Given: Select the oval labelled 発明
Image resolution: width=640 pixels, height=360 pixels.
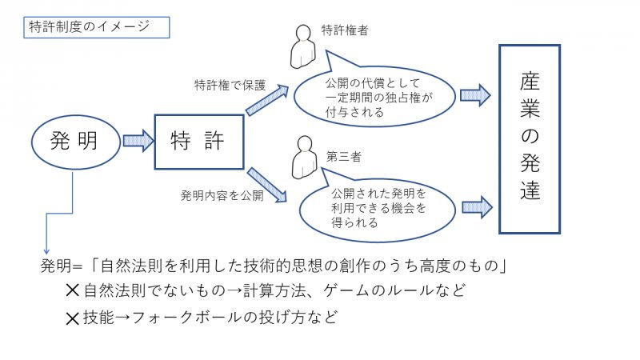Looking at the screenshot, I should [74, 142].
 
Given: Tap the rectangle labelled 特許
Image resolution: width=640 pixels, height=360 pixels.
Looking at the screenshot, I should [198, 142].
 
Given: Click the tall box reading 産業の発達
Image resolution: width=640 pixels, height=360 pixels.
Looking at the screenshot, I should [529, 138].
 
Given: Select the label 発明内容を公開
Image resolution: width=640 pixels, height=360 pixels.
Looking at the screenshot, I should [222, 195].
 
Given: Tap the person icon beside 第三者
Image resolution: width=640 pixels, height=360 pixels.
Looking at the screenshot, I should [302, 158].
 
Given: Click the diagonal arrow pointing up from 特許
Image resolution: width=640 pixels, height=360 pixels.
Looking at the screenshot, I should [266, 102].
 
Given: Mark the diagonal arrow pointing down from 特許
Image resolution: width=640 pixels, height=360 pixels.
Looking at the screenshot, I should [267, 184].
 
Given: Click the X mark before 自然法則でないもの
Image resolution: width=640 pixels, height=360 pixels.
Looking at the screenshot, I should [74, 290].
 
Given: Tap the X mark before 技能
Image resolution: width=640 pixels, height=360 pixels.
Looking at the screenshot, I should [74, 318].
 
